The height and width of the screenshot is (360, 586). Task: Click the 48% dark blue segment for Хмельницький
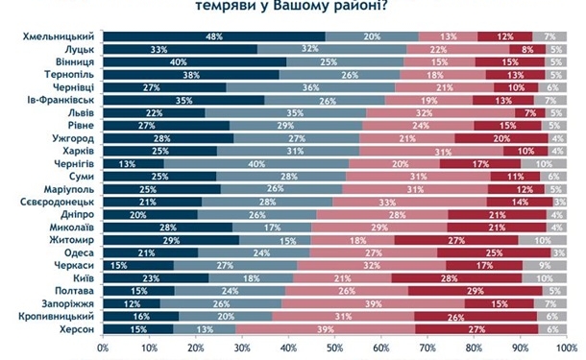coord(214,36)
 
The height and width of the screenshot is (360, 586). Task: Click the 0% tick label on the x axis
coord(104,344)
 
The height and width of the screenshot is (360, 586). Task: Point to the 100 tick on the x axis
coord(567,344)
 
